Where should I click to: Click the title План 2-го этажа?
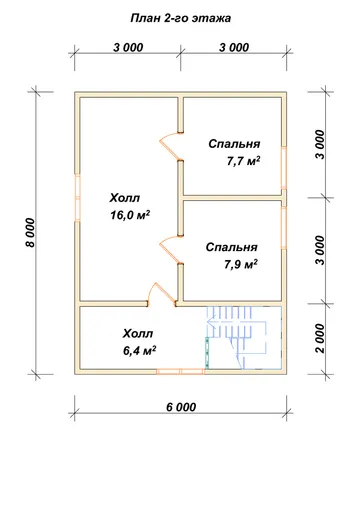[180, 18]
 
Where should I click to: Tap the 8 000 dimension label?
[30, 233]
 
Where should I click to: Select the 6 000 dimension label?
[181, 407]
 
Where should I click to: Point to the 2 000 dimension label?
[320, 338]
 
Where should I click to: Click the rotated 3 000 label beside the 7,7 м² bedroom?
[320, 145]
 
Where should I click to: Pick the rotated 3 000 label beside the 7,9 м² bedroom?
[320, 250]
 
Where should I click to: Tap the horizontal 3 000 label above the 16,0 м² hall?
[128, 47]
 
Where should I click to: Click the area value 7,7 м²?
[243, 161]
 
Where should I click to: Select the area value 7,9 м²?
[241, 265]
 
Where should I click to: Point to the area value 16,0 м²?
[130, 215]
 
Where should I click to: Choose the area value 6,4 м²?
[140, 351]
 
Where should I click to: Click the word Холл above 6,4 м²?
[138, 334]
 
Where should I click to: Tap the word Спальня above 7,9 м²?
[232, 247]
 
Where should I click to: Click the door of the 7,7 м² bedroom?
[171, 146]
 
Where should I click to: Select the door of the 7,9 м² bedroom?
[171, 250]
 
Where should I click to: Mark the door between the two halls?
[162, 294]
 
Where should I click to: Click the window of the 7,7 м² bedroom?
[284, 168]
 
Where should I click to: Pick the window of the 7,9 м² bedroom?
[284, 228]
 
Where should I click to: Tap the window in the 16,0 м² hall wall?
[77, 198]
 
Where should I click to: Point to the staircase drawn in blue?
[243, 337]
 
